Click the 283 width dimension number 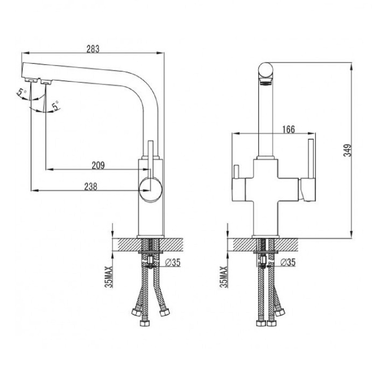click(93, 49)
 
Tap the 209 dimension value click(98, 165)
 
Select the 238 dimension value click(90, 187)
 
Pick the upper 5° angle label click(21, 93)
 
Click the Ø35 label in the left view click(173, 262)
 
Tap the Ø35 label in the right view click(288, 262)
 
